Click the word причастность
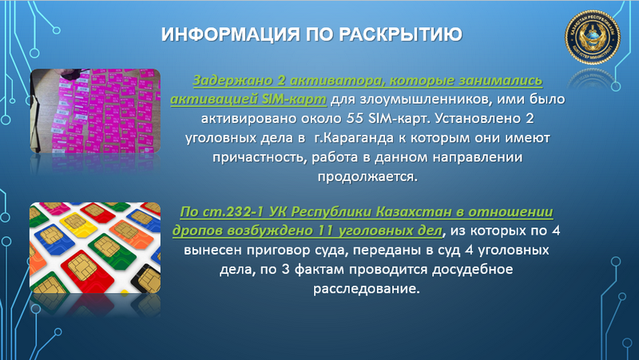click(241, 157)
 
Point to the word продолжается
click(370, 176)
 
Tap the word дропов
click(194, 231)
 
